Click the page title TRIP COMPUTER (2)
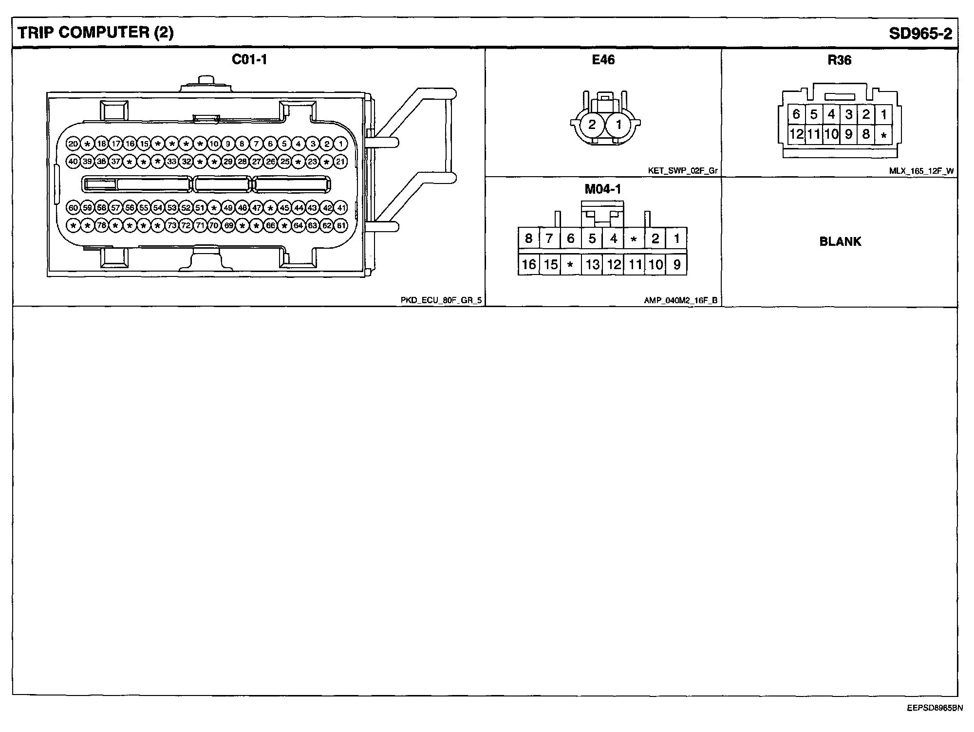click(95, 33)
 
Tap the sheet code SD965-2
click(920, 33)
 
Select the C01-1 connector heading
click(249, 59)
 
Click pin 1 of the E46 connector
click(618, 125)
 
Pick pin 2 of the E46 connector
click(592, 125)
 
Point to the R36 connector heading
click(839, 60)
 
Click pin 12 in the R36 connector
click(796, 134)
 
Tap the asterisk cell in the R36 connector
click(883, 135)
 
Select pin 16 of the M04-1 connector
click(528, 264)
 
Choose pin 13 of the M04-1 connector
click(592, 264)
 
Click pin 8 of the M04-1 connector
click(528, 238)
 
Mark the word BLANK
click(840, 241)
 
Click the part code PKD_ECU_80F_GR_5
click(441, 300)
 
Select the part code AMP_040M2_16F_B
click(680, 300)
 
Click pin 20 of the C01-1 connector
click(73, 144)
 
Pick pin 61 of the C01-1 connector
click(341, 226)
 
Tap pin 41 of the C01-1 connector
click(341, 208)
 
